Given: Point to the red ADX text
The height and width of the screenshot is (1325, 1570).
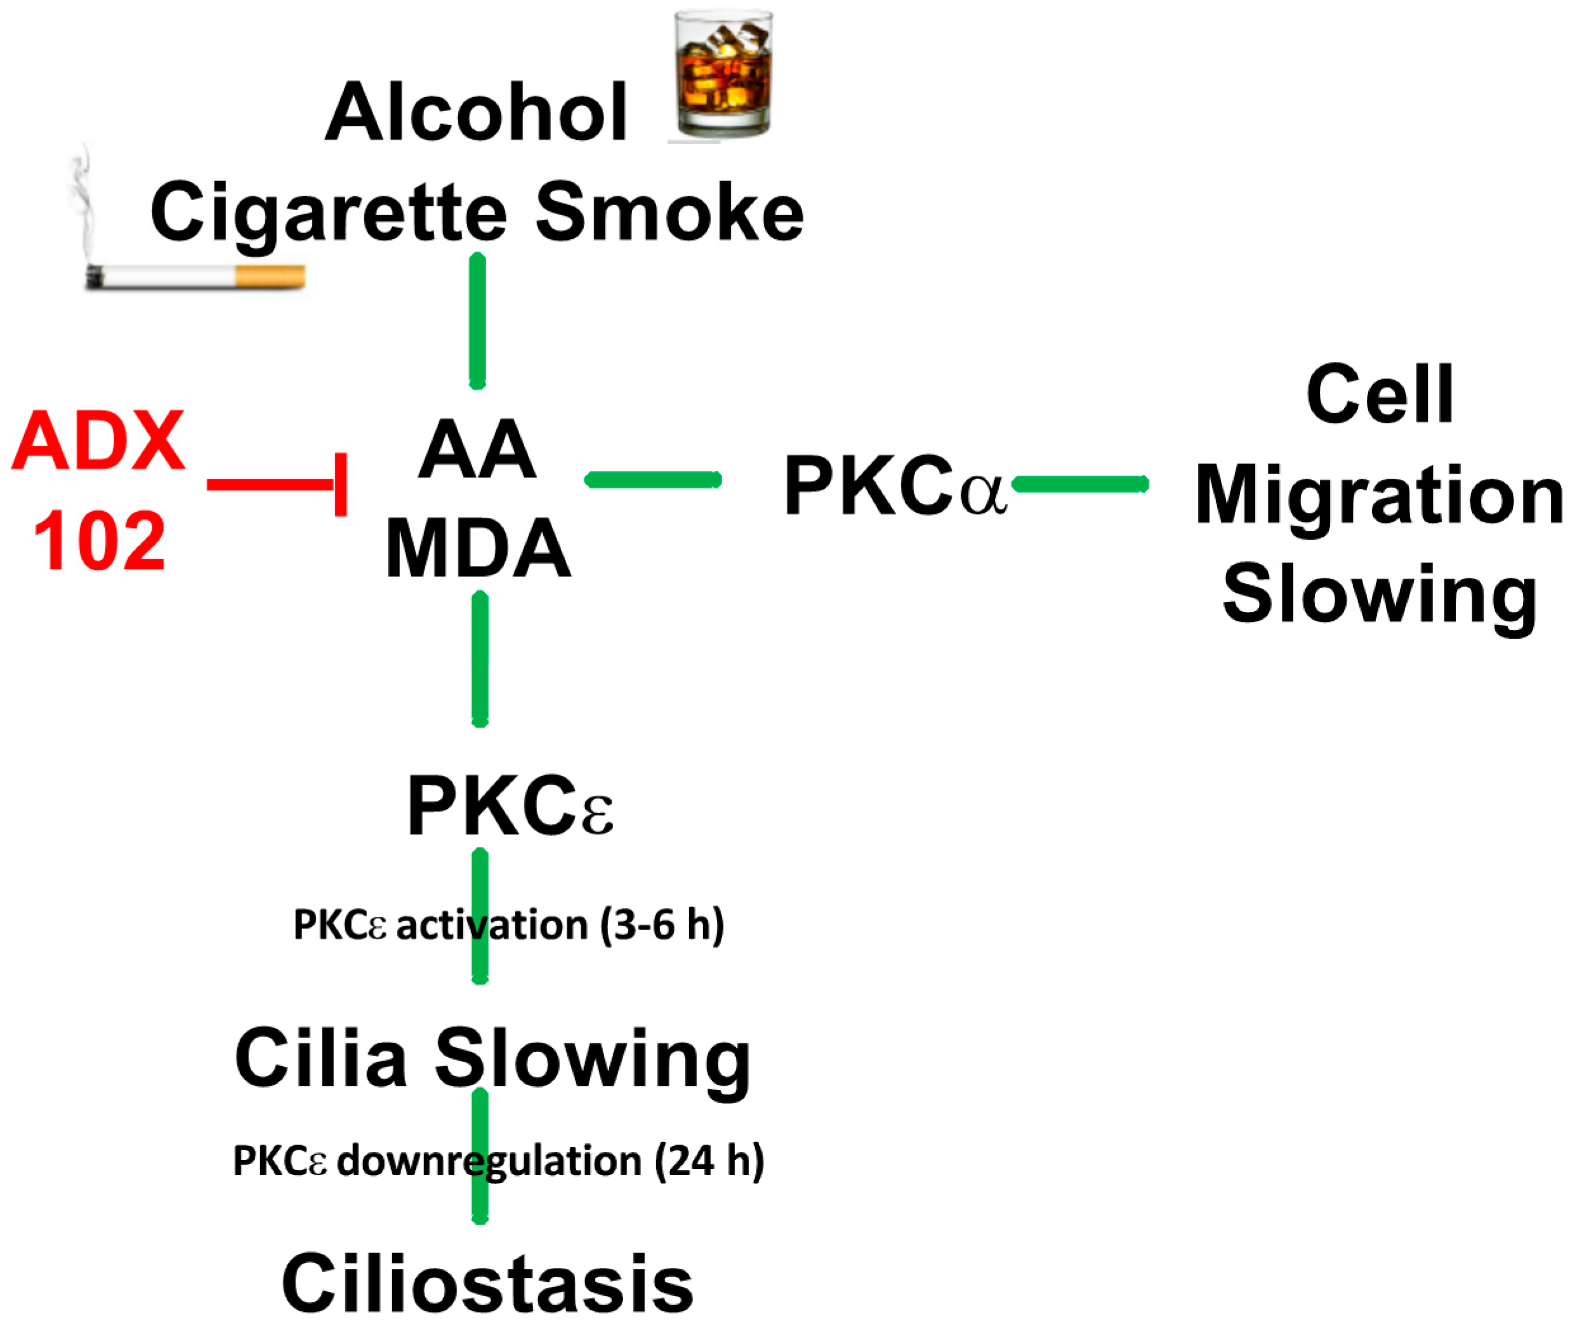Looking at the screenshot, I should (x=98, y=442).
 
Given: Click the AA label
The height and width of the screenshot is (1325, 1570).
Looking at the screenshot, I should (x=477, y=451).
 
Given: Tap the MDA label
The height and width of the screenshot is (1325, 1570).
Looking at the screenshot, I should (x=477, y=550).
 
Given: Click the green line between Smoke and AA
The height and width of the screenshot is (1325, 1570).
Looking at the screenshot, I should (x=477, y=321).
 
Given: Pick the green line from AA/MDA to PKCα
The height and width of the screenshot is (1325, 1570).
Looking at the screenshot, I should (x=652, y=480).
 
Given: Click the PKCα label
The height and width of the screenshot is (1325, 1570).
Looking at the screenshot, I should (x=894, y=487).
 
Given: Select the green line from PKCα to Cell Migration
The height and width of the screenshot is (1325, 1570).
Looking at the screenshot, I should (x=1079, y=484).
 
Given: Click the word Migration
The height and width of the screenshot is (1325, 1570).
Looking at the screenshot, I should (x=1378, y=496).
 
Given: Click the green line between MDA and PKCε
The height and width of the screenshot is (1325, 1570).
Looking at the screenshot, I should (x=479, y=660).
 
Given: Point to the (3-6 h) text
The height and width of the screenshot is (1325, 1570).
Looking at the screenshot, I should (x=661, y=924).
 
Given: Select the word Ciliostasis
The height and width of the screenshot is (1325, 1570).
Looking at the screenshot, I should (x=487, y=1284).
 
